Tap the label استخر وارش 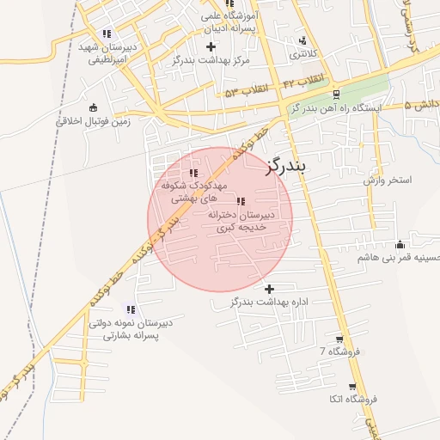[388, 180]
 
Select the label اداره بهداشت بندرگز [270, 303]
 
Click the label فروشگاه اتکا [352, 400]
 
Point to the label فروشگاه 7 [335, 351]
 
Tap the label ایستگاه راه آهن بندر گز [336, 108]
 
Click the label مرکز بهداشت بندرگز [210, 60]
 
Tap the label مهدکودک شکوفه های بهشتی [193, 191]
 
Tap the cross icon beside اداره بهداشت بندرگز [270, 289]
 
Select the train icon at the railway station [336, 94]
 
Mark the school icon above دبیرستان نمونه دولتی [131, 309]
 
